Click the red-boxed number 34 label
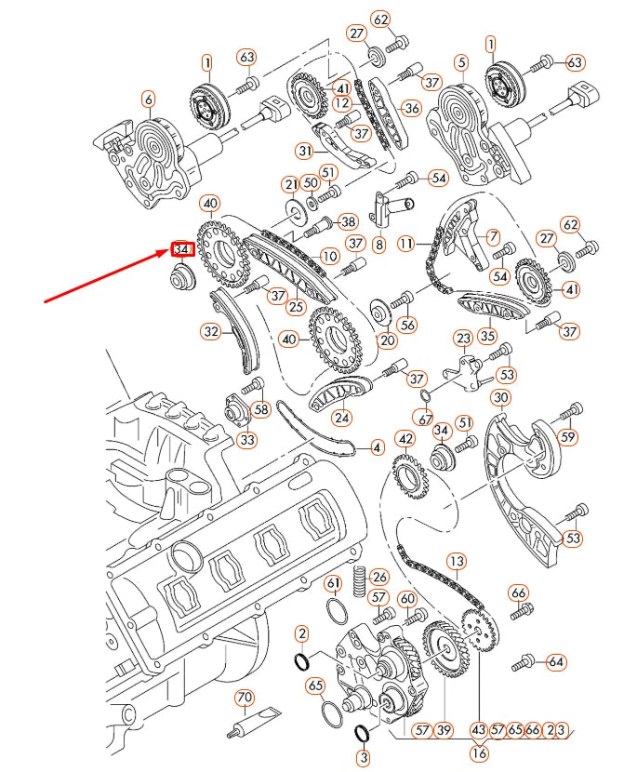(x=181, y=250)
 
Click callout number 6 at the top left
(x=148, y=99)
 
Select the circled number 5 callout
(x=460, y=63)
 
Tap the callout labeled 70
(x=244, y=697)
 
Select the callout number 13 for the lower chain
(x=456, y=562)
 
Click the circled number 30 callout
(x=501, y=399)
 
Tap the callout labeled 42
(x=405, y=439)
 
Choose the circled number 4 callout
(x=377, y=448)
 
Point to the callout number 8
(x=378, y=245)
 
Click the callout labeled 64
(x=556, y=662)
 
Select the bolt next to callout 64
(x=526, y=661)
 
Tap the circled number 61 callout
(x=333, y=583)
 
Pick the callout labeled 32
(x=211, y=329)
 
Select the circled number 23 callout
(x=463, y=338)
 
